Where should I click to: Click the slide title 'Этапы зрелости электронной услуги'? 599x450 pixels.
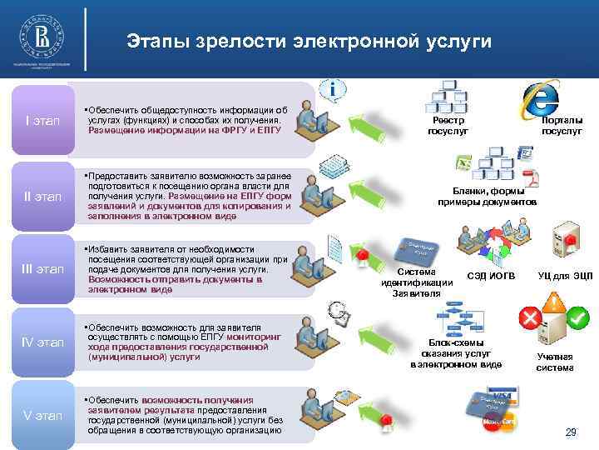(x=309, y=41)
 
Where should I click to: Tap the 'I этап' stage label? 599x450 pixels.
(x=42, y=121)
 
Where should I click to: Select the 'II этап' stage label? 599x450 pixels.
(x=42, y=197)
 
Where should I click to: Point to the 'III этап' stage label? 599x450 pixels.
(x=42, y=269)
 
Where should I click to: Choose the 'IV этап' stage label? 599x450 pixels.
(x=42, y=342)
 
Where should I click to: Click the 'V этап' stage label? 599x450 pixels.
(x=42, y=414)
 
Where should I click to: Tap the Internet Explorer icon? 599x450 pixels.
(x=538, y=98)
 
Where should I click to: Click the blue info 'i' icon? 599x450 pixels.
(x=333, y=88)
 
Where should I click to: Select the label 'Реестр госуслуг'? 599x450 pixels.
(x=448, y=126)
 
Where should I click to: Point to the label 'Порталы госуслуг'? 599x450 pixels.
(x=562, y=126)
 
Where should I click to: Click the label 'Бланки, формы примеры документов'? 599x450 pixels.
(x=488, y=197)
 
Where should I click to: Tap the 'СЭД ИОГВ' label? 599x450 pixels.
(x=492, y=276)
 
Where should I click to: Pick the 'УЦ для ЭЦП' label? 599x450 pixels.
(x=566, y=276)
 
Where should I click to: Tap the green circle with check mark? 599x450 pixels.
(x=579, y=317)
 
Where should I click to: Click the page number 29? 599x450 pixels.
(x=571, y=432)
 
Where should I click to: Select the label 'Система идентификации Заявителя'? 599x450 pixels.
(x=417, y=282)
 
